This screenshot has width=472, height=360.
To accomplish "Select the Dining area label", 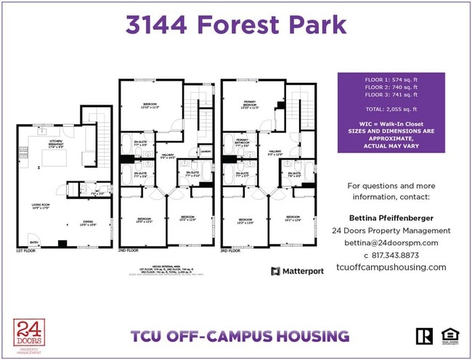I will pyautogui.click(x=87, y=222).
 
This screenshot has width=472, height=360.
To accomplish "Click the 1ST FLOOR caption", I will pyautogui.click(x=25, y=250).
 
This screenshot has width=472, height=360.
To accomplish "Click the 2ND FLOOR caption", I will pyautogui.click(x=128, y=250).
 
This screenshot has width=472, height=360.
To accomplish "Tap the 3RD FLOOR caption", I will pyautogui.click(x=231, y=250).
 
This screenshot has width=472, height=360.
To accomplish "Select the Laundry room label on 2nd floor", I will pyautogui.click(x=206, y=151).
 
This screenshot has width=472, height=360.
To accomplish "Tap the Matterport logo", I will pyautogui.click(x=296, y=271).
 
